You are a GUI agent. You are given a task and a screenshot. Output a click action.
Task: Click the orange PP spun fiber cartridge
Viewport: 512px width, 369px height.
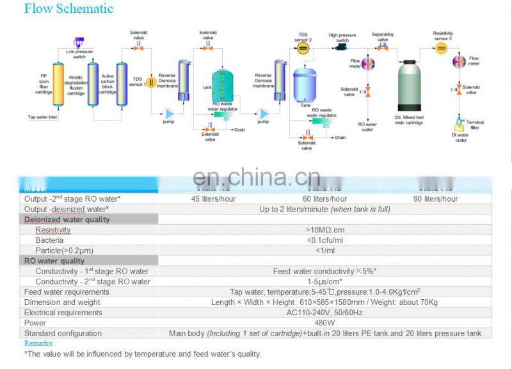[58, 83]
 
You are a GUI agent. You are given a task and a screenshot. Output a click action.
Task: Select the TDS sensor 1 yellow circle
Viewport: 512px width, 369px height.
[152, 82]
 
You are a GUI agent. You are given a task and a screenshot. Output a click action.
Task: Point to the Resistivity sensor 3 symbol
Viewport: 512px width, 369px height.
[442, 47]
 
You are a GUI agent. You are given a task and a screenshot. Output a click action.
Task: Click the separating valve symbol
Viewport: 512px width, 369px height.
[382, 47]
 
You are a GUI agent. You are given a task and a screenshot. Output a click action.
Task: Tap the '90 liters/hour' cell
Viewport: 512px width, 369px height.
[436, 199]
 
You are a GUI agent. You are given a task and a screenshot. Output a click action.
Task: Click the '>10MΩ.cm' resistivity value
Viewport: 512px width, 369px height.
[326, 229]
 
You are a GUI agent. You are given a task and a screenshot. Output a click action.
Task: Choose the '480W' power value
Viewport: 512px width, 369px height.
[326, 323]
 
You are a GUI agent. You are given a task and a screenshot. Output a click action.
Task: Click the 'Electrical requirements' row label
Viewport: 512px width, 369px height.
[63, 313]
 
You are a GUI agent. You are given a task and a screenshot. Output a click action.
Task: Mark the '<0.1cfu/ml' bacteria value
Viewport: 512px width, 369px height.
[326, 240]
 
